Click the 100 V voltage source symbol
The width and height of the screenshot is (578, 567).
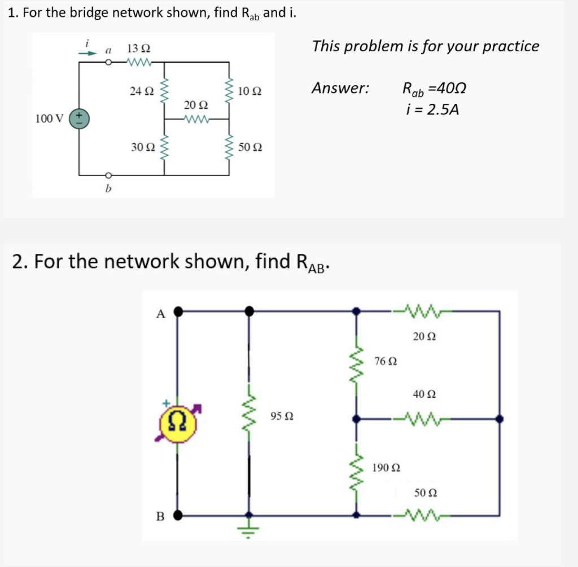(x=80, y=118)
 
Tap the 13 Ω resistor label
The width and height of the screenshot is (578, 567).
(x=138, y=49)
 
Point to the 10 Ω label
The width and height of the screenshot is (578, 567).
(x=249, y=90)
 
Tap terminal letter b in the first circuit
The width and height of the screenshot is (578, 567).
(x=108, y=188)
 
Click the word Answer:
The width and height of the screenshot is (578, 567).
(x=340, y=88)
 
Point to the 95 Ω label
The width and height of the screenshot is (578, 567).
(x=282, y=416)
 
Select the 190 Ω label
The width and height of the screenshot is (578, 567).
(x=387, y=468)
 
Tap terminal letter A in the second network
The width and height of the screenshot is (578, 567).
(x=160, y=315)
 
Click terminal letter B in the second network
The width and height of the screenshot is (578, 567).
(x=160, y=516)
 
